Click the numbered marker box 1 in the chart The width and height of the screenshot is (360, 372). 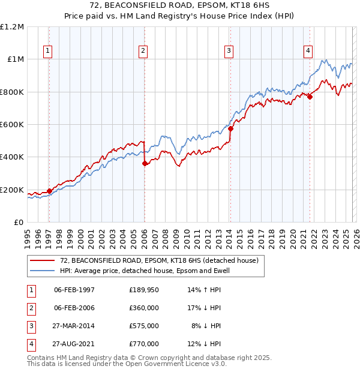pos(47,52)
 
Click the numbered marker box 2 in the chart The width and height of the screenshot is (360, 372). pos(143,52)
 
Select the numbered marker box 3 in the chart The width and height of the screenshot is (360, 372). pos(229,52)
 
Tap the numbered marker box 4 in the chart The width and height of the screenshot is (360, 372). pos(308,52)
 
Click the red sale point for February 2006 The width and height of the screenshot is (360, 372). pos(145,163)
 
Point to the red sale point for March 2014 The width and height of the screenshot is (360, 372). pos(230,128)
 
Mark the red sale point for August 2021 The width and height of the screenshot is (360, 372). pos(310,97)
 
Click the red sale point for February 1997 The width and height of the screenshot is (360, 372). pos(49,191)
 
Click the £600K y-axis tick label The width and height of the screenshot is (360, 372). pos(12,125)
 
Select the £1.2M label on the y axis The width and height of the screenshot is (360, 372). pos(12,27)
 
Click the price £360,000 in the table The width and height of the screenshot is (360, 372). pos(143,308)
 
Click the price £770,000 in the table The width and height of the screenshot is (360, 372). pos(143,344)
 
